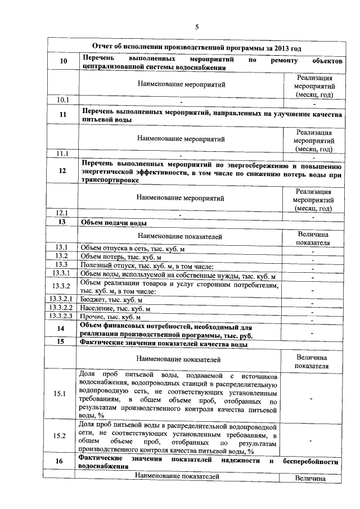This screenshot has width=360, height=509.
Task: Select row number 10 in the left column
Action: (x=62, y=62)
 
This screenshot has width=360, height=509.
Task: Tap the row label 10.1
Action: (x=62, y=100)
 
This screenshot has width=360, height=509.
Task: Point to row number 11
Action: (x=62, y=115)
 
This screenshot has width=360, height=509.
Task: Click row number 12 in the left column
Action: (x=62, y=172)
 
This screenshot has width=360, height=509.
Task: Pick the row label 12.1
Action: (x=62, y=213)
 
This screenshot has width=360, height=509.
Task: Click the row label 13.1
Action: (x=62, y=247)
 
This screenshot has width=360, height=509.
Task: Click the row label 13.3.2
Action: (x=62, y=286)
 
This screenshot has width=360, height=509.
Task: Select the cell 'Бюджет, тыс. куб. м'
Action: (x=108, y=299)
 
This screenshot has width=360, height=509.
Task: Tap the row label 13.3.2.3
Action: (x=62, y=317)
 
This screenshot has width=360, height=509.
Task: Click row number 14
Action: (x=62, y=328)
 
